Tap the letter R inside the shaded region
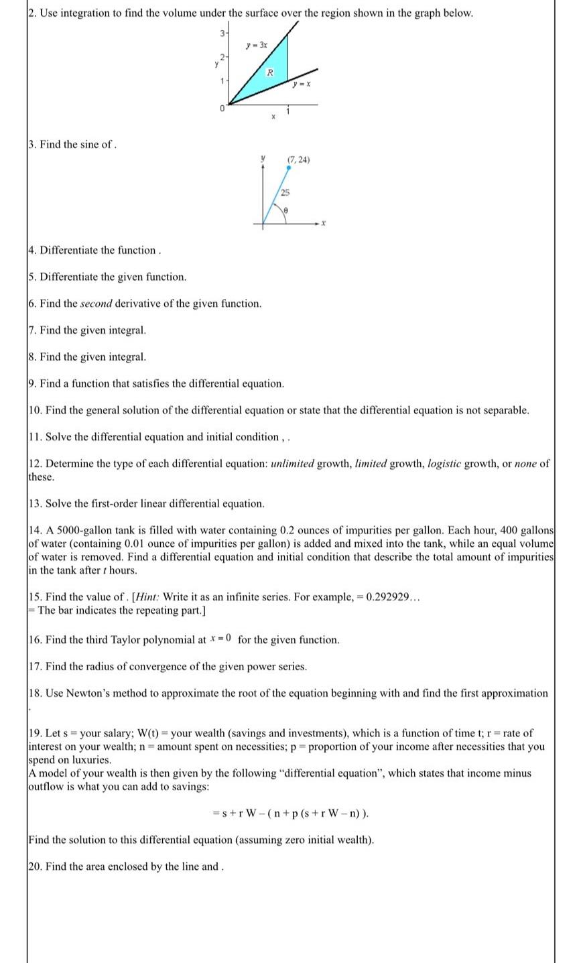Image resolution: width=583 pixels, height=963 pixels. (x=270, y=72)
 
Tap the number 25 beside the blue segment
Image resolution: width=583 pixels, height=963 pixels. (x=285, y=192)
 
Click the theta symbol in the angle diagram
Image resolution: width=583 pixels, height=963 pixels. (x=285, y=210)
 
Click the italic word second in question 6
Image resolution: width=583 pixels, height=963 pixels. (x=96, y=304)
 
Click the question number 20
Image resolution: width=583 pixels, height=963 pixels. (x=36, y=866)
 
